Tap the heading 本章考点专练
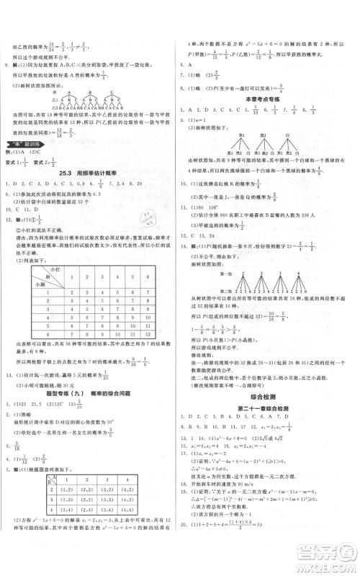click(267, 98)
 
